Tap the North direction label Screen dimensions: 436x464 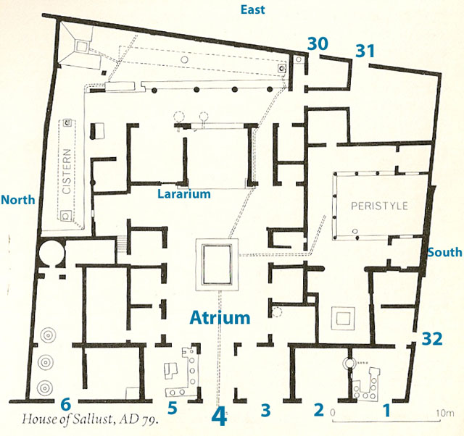coord(19,200)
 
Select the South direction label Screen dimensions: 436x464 coord(444,252)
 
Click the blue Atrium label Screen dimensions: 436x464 coord(220,317)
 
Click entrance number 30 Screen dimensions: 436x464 coord(316,43)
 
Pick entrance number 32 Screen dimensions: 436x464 coord(432,338)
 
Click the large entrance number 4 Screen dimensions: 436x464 coord(219,417)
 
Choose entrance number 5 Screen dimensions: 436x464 coord(173,408)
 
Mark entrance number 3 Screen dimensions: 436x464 coord(265,411)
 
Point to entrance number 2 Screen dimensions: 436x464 coord(318,409)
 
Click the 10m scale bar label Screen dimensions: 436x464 coord(444,413)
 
